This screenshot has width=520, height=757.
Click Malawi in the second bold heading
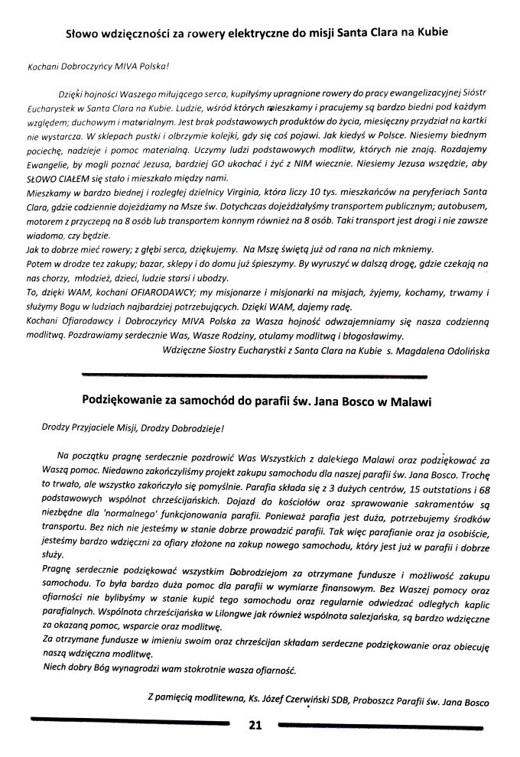tap(408, 400)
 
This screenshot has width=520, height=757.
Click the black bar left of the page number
tap(130, 722)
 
